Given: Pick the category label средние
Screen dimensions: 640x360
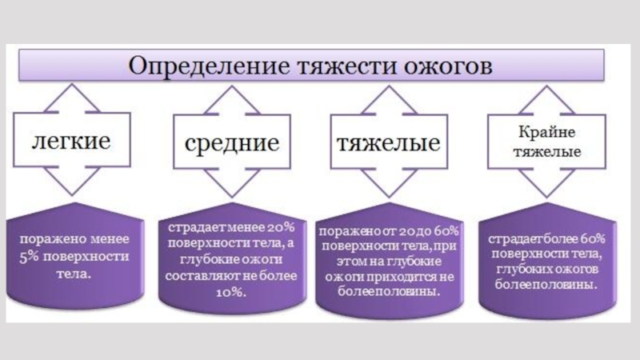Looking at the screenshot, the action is tap(232, 144).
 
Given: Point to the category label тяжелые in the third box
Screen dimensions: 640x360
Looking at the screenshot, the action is tap(387, 144).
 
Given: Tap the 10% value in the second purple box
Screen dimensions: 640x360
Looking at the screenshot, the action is tap(231, 292).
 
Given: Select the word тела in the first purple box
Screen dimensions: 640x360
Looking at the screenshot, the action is tap(71, 274).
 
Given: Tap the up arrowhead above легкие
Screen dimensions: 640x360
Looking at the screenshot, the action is tap(70, 96).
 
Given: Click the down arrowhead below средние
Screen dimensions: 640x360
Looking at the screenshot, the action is tap(232, 192).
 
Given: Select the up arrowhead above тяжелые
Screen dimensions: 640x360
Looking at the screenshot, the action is tap(387, 96).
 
